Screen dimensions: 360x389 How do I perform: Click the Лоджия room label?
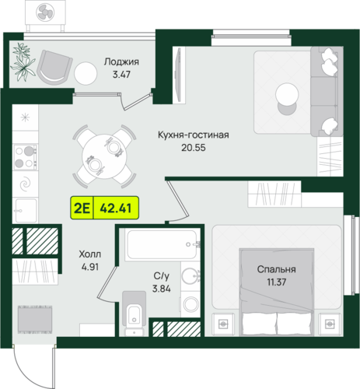[x=121, y=61]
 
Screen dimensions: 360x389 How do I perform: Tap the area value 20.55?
[x=194, y=148]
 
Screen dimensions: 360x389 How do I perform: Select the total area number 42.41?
[x=116, y=208]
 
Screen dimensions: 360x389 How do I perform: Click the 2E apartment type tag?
[x=82, y=208]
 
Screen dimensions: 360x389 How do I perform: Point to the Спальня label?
[x=276, y=269]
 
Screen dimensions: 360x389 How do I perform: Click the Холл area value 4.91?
[x=90, y=267]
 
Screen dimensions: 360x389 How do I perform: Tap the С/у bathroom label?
[x=161, y=276]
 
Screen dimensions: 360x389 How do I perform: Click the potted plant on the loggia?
[x=23, y=61]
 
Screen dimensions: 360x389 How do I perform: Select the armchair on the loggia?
[x=54, y=68]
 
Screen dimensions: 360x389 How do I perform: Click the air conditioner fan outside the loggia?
[x=45, y=13]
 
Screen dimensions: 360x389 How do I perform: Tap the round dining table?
[x=104, y=156]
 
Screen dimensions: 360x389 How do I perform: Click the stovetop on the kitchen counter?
[x=26, y=157]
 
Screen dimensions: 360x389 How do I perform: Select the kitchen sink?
[x=26, y=210]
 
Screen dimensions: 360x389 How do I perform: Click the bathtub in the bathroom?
[x=163, y=244]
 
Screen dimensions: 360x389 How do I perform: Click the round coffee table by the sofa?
[x=287, y=94]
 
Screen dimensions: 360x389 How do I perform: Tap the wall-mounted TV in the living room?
[x=178, y=75]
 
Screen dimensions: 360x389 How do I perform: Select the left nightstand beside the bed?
[x=223, y=324]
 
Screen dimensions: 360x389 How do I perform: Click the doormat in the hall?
[x=35, y=320]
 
